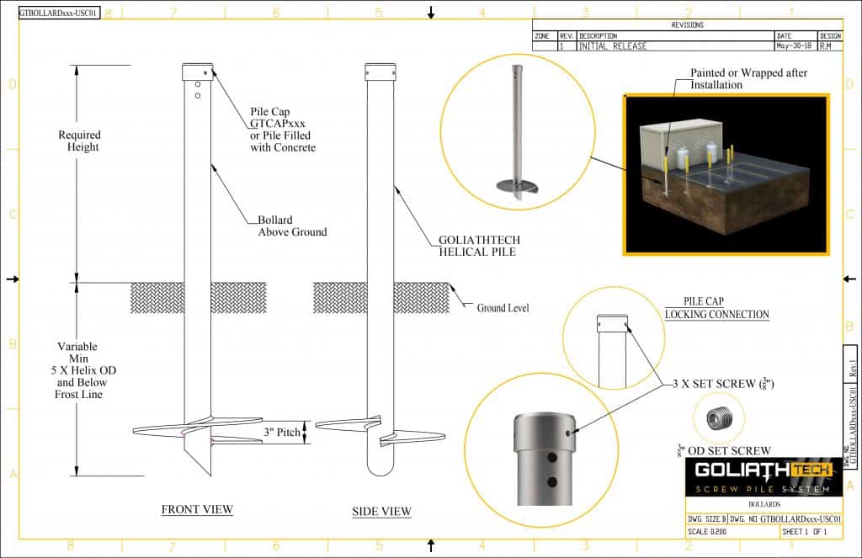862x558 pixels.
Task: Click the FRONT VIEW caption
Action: coord(197,509)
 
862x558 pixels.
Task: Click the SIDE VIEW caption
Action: coord(381,511)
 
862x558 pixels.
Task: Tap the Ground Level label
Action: coord(503,308)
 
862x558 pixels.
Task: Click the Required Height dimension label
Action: coord(79,141)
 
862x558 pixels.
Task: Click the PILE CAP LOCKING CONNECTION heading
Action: coord(716,308)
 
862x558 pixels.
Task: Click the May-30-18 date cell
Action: coord(795,46)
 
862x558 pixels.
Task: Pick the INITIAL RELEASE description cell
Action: coord(613,46)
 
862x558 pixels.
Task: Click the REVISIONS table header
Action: coord(687,25)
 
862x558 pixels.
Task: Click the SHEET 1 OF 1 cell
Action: coord(805,532)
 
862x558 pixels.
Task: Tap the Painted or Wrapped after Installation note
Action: coord(748,79)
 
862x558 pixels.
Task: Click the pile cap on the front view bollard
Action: coord(198,72)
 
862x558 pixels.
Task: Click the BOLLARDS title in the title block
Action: coord(764,505)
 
